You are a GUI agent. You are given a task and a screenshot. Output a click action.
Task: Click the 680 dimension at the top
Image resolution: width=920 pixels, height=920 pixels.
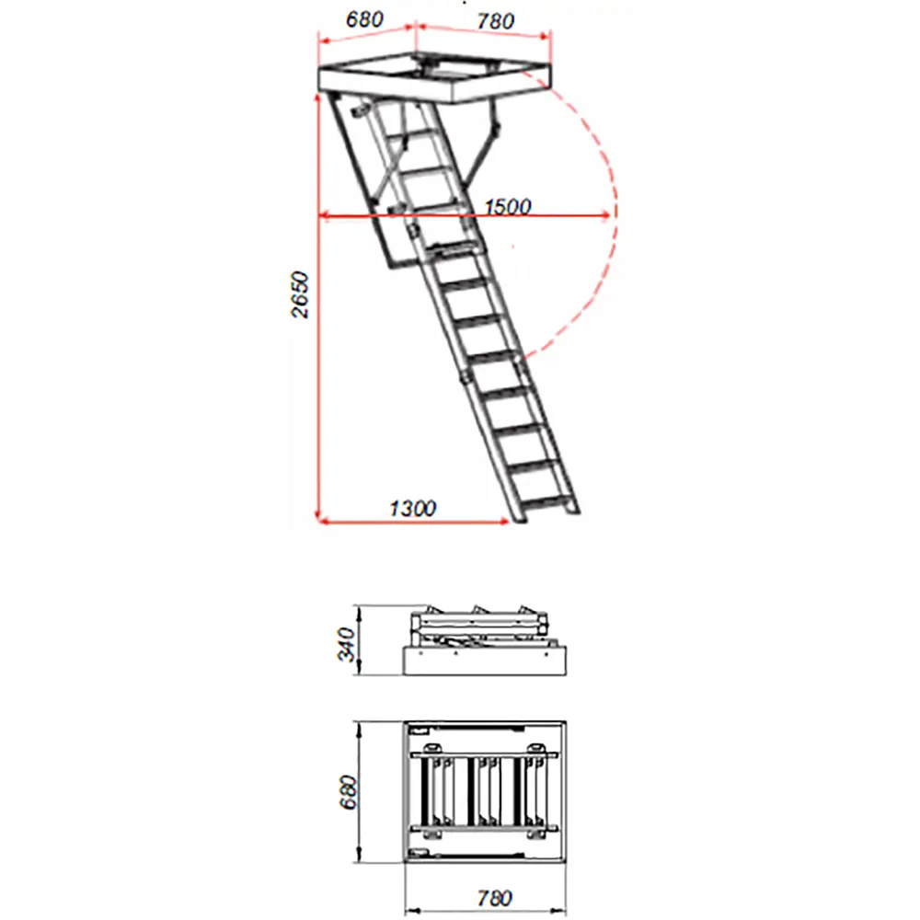click(364, 19)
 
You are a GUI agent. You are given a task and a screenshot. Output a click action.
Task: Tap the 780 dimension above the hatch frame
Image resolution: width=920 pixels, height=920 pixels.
click(496, 21)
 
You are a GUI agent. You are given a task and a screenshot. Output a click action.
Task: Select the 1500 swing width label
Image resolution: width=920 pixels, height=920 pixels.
click(508, 206)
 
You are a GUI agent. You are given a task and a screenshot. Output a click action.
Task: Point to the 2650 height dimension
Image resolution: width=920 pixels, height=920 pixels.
click(300, 294)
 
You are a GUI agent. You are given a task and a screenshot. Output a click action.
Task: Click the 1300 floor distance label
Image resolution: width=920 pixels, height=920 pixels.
click(412, 508)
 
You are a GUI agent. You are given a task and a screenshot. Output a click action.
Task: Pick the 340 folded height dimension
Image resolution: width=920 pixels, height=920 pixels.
click(348, 644)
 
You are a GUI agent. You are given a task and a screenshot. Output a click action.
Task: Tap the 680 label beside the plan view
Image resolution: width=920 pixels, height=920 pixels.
click(348, 792)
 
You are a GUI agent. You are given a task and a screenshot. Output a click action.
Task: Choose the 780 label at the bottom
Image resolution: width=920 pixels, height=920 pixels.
click(494, 898)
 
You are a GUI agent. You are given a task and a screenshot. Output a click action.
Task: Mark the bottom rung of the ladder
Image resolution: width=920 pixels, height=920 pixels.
click(546, 501)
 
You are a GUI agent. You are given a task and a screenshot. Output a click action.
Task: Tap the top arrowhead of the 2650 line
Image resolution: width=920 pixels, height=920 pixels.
click(317, 98)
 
